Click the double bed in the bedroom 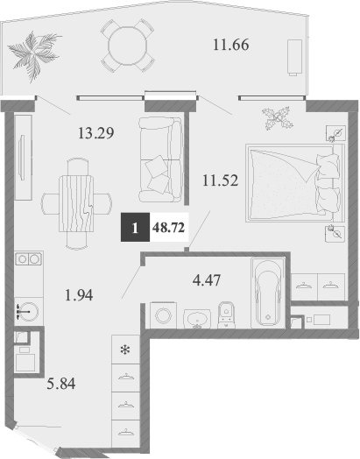tap(292, 181)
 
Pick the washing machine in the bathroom tap(164, 316)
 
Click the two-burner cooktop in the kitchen tap(26, 259)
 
